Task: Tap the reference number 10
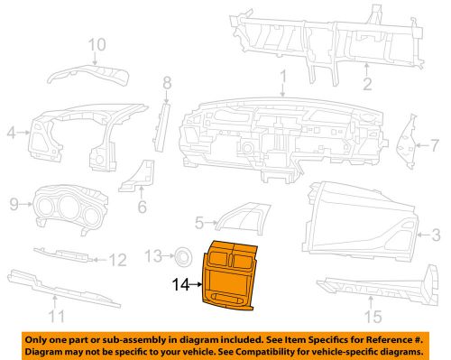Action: pos(97,43)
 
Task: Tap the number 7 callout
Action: pos(434,143)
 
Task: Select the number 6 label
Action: pos(141,207)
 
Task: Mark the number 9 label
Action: pos(14,205)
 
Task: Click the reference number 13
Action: pos(152,255)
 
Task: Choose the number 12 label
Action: pos(119,261)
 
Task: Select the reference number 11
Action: pos(57,316)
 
